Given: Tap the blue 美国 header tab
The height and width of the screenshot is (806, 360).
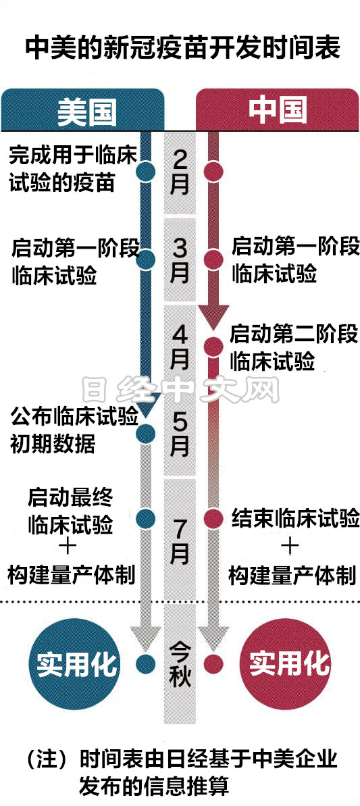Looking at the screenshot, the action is pyautogui.click(x=82, y=110).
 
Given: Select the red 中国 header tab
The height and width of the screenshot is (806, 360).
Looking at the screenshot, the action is pyautogui.click(x=278, y=110).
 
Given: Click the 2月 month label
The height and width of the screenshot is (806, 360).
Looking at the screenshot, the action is pyautogui.click(x=180, y=173).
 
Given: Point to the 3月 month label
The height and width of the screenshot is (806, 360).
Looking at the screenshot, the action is pyautogui.click(x=180, y=261).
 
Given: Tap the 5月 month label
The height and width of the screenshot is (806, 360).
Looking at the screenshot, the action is pyautogui.click(x=180, y=434).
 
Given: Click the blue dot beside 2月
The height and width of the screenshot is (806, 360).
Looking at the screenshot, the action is pyautogui.click(x=146, y=171).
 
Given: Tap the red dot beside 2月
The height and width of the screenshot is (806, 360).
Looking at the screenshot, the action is pyautogui.click(x=213, y=171).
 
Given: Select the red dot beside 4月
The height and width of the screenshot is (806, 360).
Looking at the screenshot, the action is pyautogui.click(x=213, y=347).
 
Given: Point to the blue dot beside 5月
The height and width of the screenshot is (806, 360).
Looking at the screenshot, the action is pyautogui.click(x=146, y=433).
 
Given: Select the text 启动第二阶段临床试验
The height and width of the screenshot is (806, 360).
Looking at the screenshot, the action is pyautogui.click(x=294, y=347).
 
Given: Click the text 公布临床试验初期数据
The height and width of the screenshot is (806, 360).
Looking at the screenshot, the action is pyautogui.click(x=74, y=430).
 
